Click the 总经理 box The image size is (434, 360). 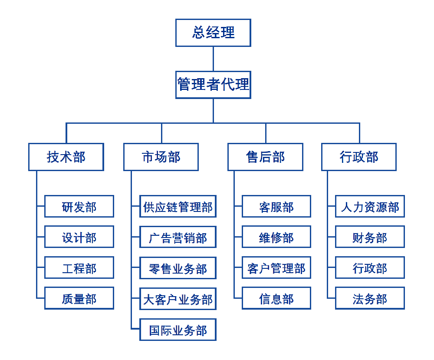pyautogui.click(x=213, y=33)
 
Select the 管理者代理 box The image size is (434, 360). pyautogui.click(x=213, y=85)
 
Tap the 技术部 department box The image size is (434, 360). pyautogui.click(x=66, y=157)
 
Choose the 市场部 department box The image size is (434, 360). pyautogui.click(x=161, y=157)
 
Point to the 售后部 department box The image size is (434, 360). pyautogui.click(x=265, y=157)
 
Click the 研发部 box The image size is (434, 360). pyautogui.click(x=79, y=206)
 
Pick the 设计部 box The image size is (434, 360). pyautogui.click(x=79, y=237)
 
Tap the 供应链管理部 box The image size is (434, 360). pyautogui.click(x=178, y=206)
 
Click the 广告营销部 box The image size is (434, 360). pyautogui.click(x=178, y=237)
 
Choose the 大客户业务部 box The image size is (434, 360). pyautogui.click(x=178, y=299)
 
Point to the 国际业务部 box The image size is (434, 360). pyautogui.click(x=178, y=330)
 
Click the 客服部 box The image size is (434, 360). pyautogui.click(x=276, y=206)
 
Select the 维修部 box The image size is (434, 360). pyautogui.click(x=276, y=237)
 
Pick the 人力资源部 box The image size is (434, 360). pyautogui.click(x=370, y=206)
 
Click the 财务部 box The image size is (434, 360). pyautogui.click(x=370, y=237)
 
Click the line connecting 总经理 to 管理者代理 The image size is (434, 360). pyautogui.click(x=213, y=59)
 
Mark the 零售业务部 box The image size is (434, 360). pyautogui.click(x=178, y=268)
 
